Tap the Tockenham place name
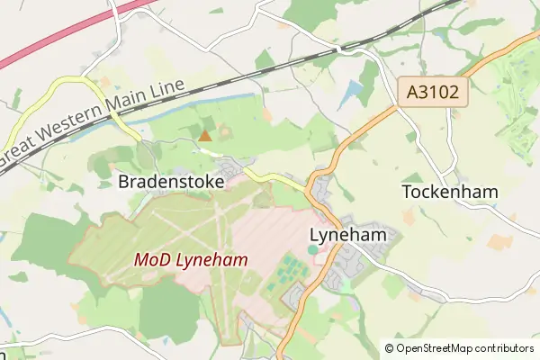(450, 192)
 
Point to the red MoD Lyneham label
(191, 259)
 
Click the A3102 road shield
(433, 91)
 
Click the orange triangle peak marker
(205, 136)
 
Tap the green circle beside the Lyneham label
(312, 249)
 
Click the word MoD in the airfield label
(150, 259)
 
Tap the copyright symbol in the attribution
(389, 347)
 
